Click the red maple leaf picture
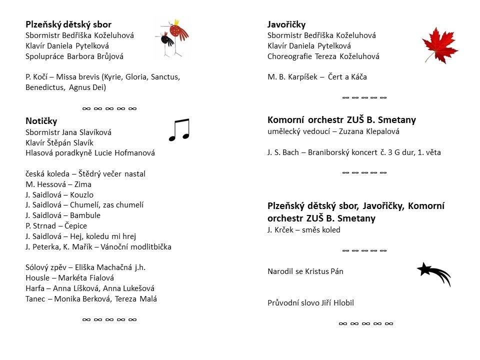(x=439, y=45)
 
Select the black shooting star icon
(x=433, y=273)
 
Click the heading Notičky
(x=41, y=121)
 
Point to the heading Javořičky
(x=286, y=24)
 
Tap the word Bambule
(x=84, y=215)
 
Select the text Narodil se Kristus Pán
(x=305, y=271)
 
